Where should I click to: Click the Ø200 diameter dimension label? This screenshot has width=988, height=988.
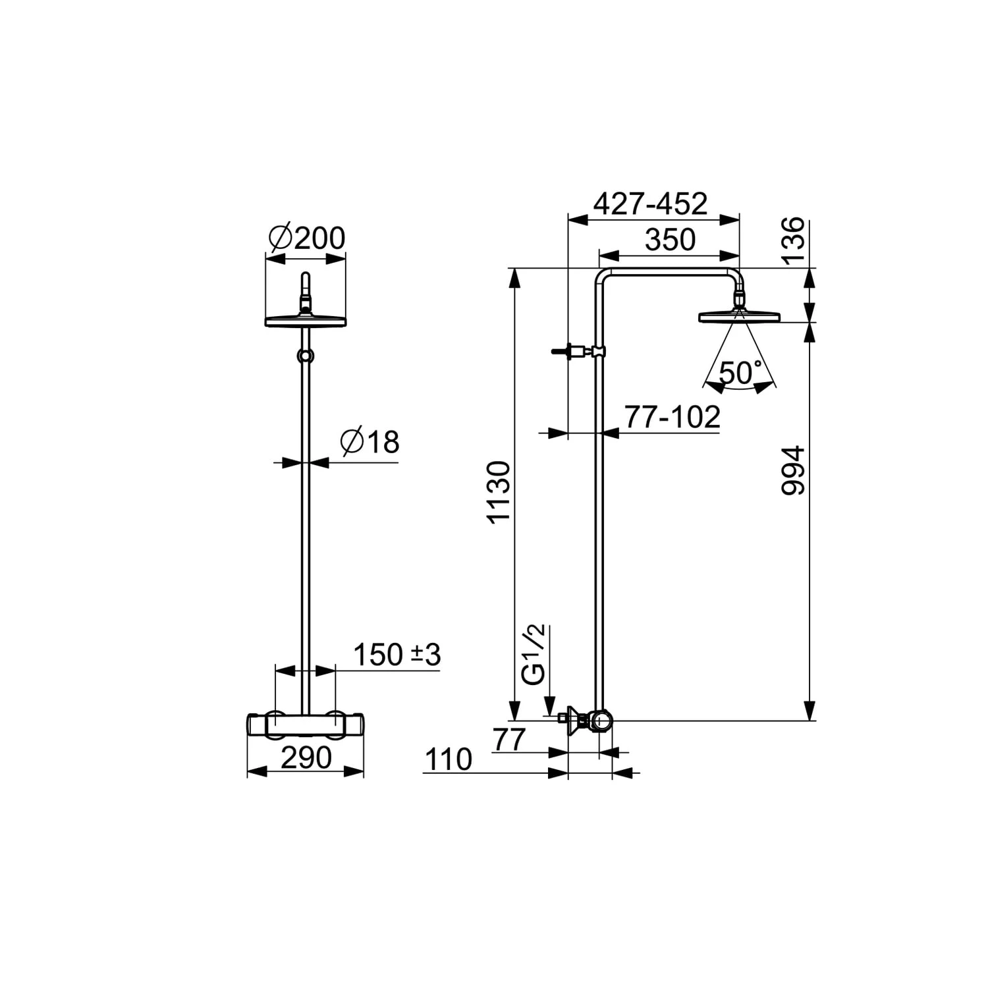(x=307, y=238)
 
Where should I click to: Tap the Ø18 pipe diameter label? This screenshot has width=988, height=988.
(x=370, y=442)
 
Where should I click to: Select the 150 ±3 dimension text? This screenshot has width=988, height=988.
(x=397, y=655)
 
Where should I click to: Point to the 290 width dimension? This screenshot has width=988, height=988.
(x=306, y=758)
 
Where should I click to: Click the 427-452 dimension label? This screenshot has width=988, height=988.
(x=650, y=204)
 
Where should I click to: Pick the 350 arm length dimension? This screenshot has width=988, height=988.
(x=670, y=240)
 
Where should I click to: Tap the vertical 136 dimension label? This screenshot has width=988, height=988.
(x=793, y=240)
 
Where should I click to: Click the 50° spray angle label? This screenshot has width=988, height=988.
(x=740, y=373)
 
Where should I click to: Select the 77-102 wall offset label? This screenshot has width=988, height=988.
(x=672, y=417)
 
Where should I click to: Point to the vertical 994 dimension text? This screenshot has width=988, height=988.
(x=793, y=470)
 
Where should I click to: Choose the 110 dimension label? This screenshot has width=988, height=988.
(x=449, y=759)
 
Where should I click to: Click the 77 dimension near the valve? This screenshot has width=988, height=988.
(x=510, y=740)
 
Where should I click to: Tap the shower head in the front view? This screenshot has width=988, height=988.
(x=306, y=319)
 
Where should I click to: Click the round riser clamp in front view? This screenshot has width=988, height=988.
(x=305, y=356)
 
